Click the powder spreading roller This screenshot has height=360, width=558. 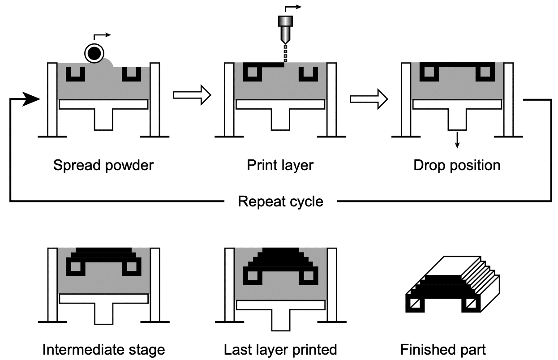click(x=94, y=54)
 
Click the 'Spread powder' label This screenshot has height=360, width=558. click(x=103, y=165)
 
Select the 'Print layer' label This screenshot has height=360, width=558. click(x=280, y=165)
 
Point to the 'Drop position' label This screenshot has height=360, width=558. click(x=457, y=165)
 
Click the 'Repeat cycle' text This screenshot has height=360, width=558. click(x=280, y=201)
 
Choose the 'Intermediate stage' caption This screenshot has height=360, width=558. click(x=103, y=349)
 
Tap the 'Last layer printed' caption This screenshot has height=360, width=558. click(x=280, y=349)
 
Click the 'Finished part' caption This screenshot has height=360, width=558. click(x=443, y=349)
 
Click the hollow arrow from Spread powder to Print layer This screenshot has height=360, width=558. click(x=192, y=95)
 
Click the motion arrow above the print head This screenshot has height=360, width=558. click(x=293, y=8)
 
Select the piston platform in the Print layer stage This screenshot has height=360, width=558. click(x=280, y=104)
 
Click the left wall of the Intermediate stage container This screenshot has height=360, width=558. click(x=52, y=285)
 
